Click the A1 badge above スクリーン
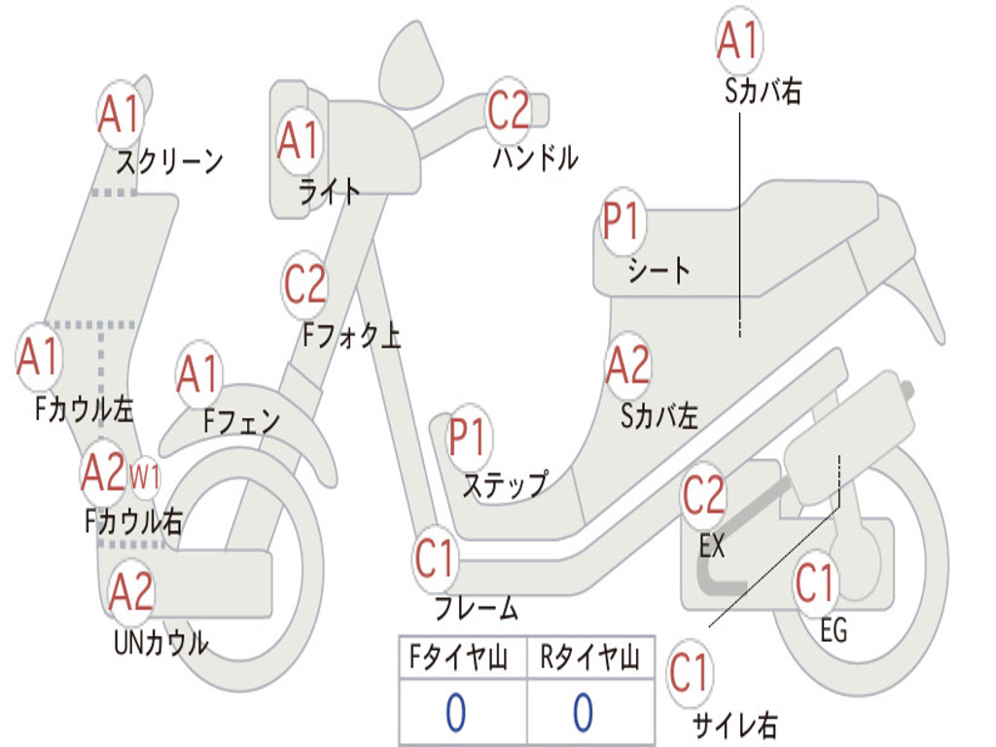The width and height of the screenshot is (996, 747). click(120, 114)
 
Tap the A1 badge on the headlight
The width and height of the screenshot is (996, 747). click(300, 140)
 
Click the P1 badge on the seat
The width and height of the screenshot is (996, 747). click(622, 221)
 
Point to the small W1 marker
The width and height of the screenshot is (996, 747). click(145, 476)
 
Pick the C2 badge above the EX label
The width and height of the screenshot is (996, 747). click(704, 495)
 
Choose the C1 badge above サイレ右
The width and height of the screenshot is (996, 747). click(690, 673)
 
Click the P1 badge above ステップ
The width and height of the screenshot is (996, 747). click(469, 437)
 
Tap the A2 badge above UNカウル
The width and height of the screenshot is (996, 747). click(130, 590)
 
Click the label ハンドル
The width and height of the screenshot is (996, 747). click(536, 158)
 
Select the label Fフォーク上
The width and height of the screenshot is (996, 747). click(352, 335)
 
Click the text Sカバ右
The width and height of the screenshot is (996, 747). click(763, 90)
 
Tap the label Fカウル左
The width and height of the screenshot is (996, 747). click(85, 409)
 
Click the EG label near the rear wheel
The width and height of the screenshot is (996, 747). click(834, 630)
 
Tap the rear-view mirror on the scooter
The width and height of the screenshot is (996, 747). click(411, 60)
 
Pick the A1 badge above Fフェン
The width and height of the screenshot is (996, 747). click(198, 373)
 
